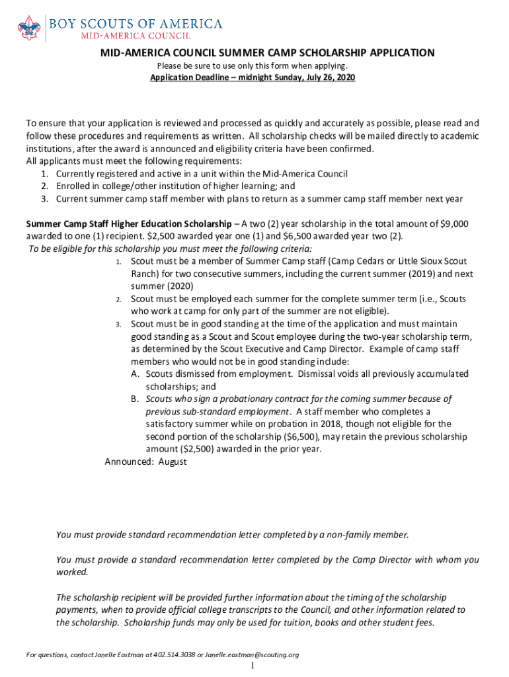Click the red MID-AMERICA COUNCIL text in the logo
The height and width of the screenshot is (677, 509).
coord(136,36)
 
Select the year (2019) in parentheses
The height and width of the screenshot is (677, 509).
coord(387,274)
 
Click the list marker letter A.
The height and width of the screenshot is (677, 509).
coord(134,374)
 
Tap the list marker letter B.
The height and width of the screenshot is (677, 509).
coord(134,399)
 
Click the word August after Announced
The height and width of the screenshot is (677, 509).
coord(173,462)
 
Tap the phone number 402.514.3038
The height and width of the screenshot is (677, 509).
coord(172,655)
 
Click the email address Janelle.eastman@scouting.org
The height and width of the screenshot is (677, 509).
coord(252,655)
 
